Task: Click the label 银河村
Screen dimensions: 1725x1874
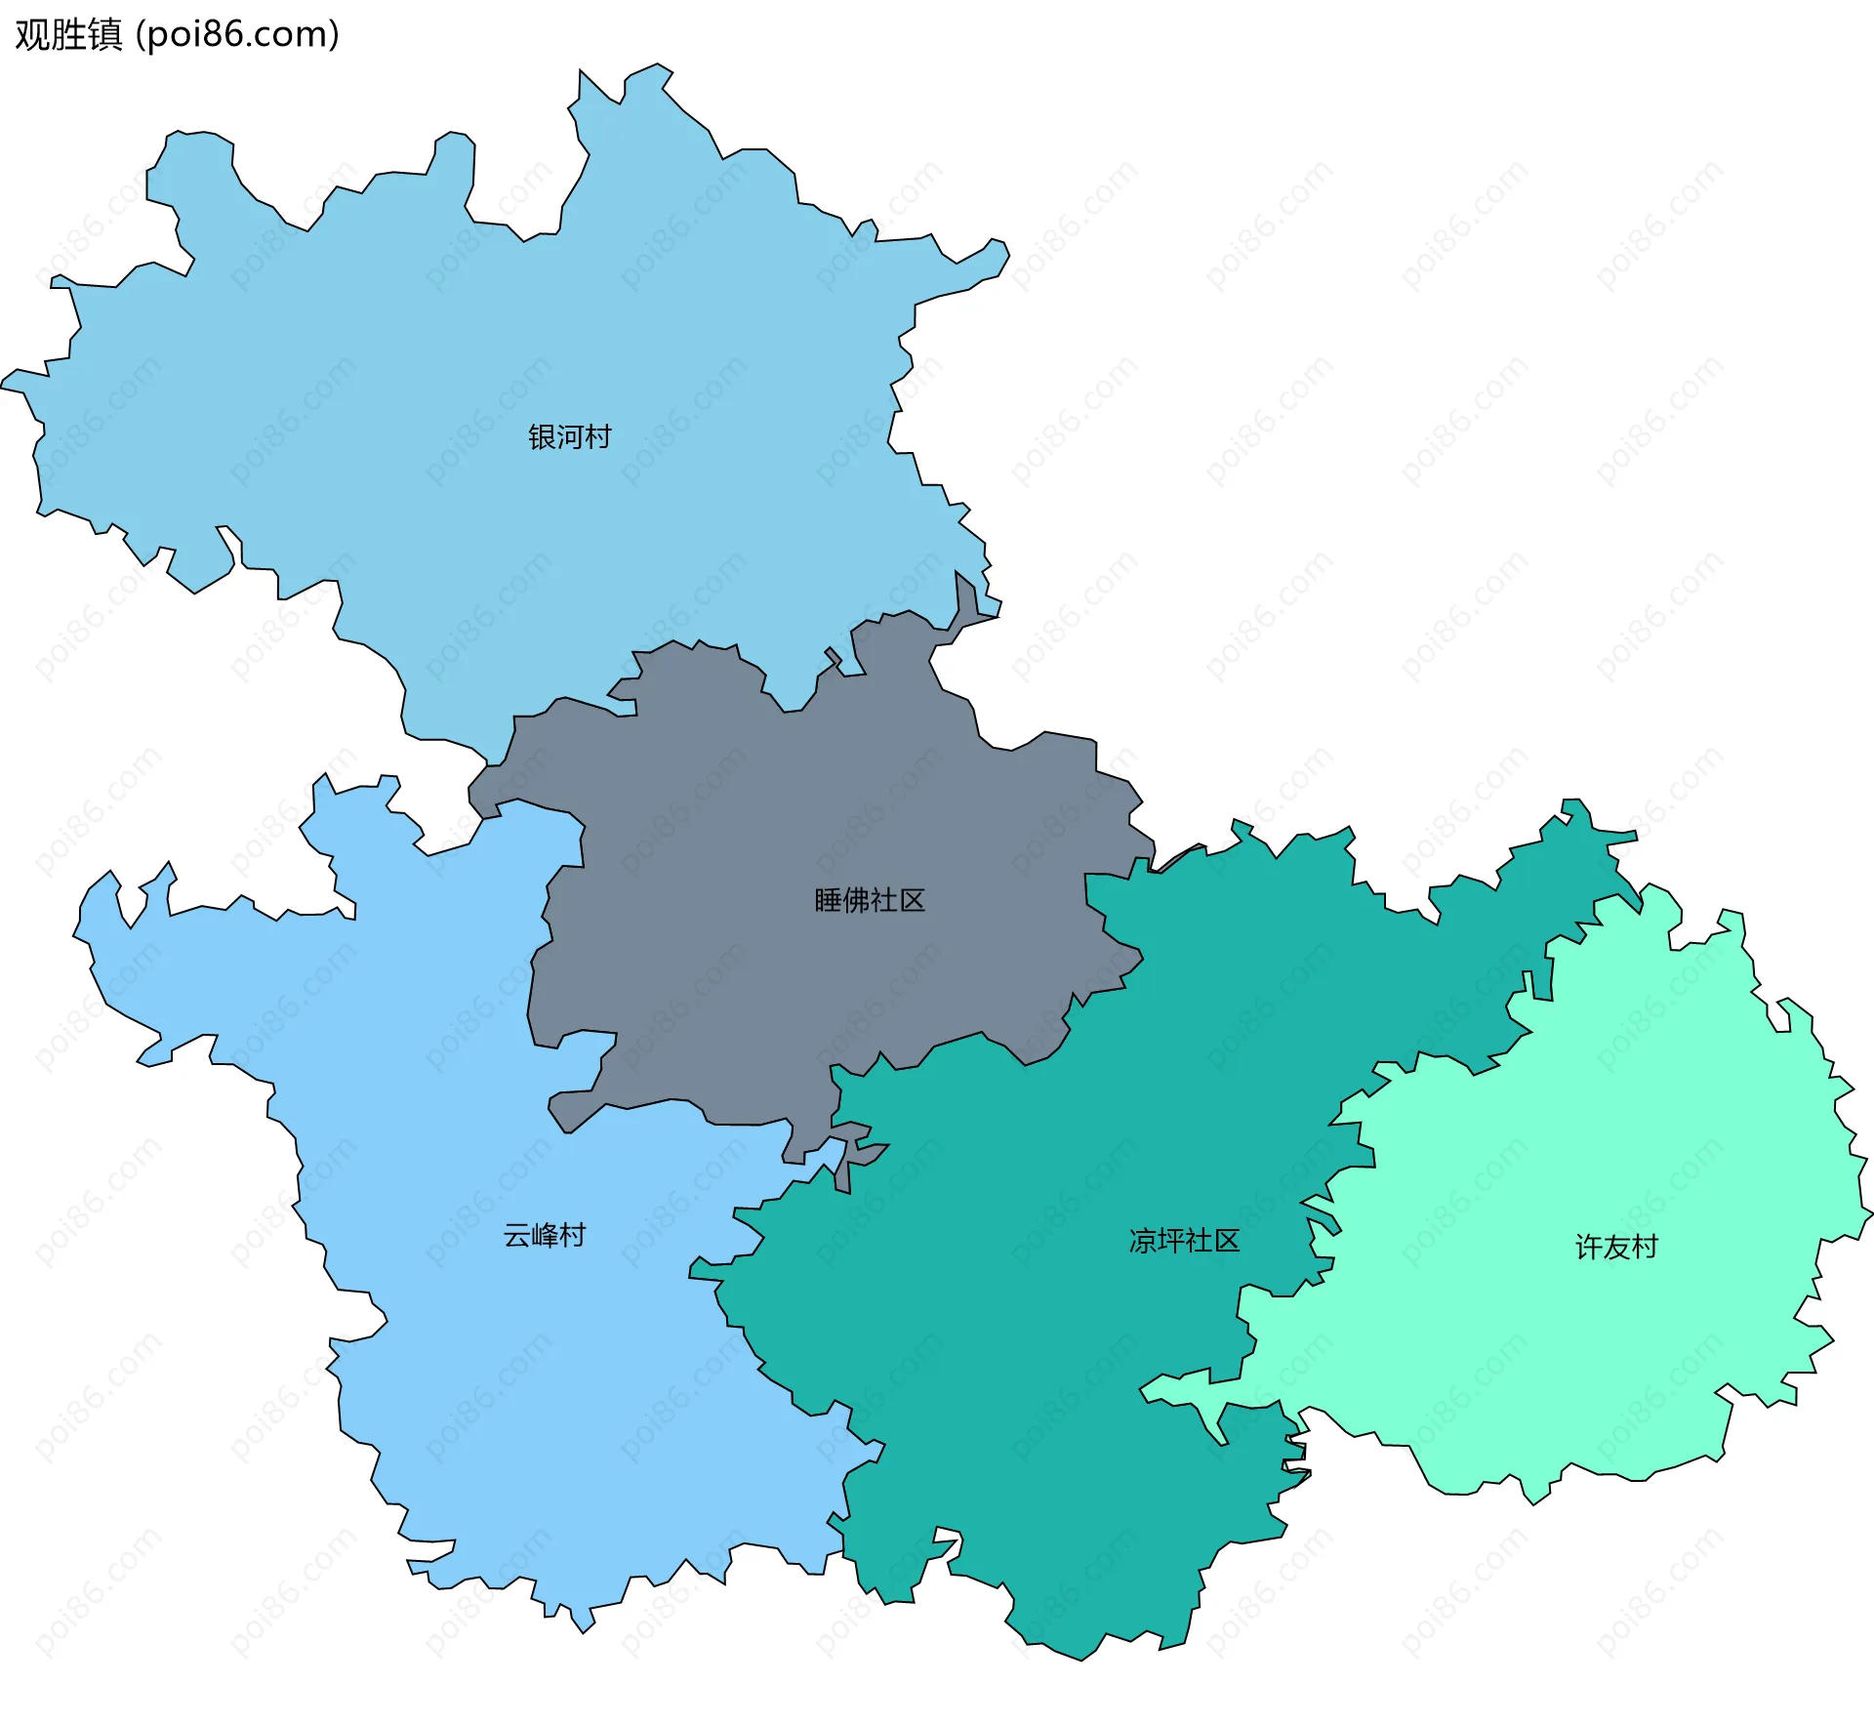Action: [570, 436]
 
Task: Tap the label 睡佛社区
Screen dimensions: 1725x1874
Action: [870, 900]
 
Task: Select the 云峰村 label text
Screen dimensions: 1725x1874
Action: [545, 1236]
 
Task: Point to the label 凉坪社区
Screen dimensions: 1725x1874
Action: [1184, 1241]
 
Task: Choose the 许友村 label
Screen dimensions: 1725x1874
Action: [1616, 1247]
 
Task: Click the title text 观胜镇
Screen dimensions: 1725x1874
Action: [68, 34]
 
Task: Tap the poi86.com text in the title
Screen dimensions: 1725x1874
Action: [237, 34]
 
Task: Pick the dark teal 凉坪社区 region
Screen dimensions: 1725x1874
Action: [1025, 1367]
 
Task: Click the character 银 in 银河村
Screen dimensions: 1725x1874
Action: [542, 436]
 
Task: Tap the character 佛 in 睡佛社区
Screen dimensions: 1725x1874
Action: [856, 900]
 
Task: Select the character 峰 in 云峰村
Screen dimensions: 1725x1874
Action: [545, 1236]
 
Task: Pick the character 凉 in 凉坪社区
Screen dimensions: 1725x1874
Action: [1143, 1241]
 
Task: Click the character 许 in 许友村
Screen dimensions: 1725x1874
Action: [1589, 1247]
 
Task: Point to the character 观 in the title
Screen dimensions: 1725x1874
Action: [32, 34]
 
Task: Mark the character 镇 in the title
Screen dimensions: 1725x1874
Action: [104, 34]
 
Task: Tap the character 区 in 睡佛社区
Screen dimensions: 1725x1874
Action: [912, 900]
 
